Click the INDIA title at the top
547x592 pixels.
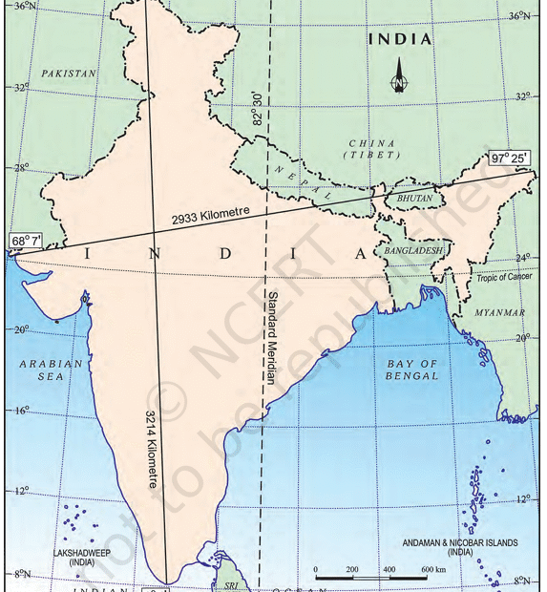click(400, 40)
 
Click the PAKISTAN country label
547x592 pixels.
click(70, 73)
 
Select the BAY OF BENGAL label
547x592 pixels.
click(412, 370)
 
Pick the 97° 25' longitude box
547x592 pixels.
click(512, 158)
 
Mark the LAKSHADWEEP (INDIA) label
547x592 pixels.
click(79, 558)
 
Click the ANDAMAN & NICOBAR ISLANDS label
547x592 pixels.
click(460, 547)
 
